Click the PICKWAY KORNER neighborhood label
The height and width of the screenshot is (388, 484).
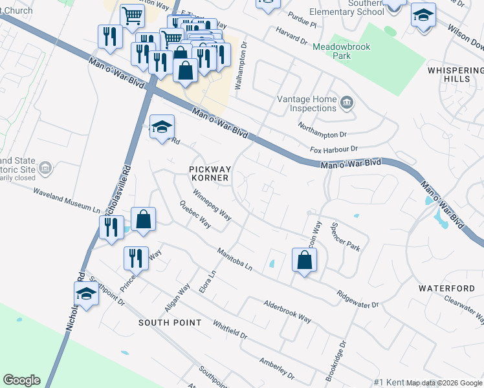[210, 173]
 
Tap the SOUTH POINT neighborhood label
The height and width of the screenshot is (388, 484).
[170, 322]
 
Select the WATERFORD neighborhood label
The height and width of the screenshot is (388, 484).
[446, 288]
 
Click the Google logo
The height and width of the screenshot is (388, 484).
[21, 380]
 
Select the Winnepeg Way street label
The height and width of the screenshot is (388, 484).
[212, 203]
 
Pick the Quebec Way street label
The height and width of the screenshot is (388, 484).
[195, 214]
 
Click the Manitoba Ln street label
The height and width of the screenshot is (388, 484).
[234, 260]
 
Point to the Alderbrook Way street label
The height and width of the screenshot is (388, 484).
[287, 311]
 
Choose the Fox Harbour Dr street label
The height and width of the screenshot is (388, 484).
[333, 149]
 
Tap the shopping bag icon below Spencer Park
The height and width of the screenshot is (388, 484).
[304, 261]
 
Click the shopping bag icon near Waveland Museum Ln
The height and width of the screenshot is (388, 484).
[144, 219]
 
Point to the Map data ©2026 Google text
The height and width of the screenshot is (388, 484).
[445, 383]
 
